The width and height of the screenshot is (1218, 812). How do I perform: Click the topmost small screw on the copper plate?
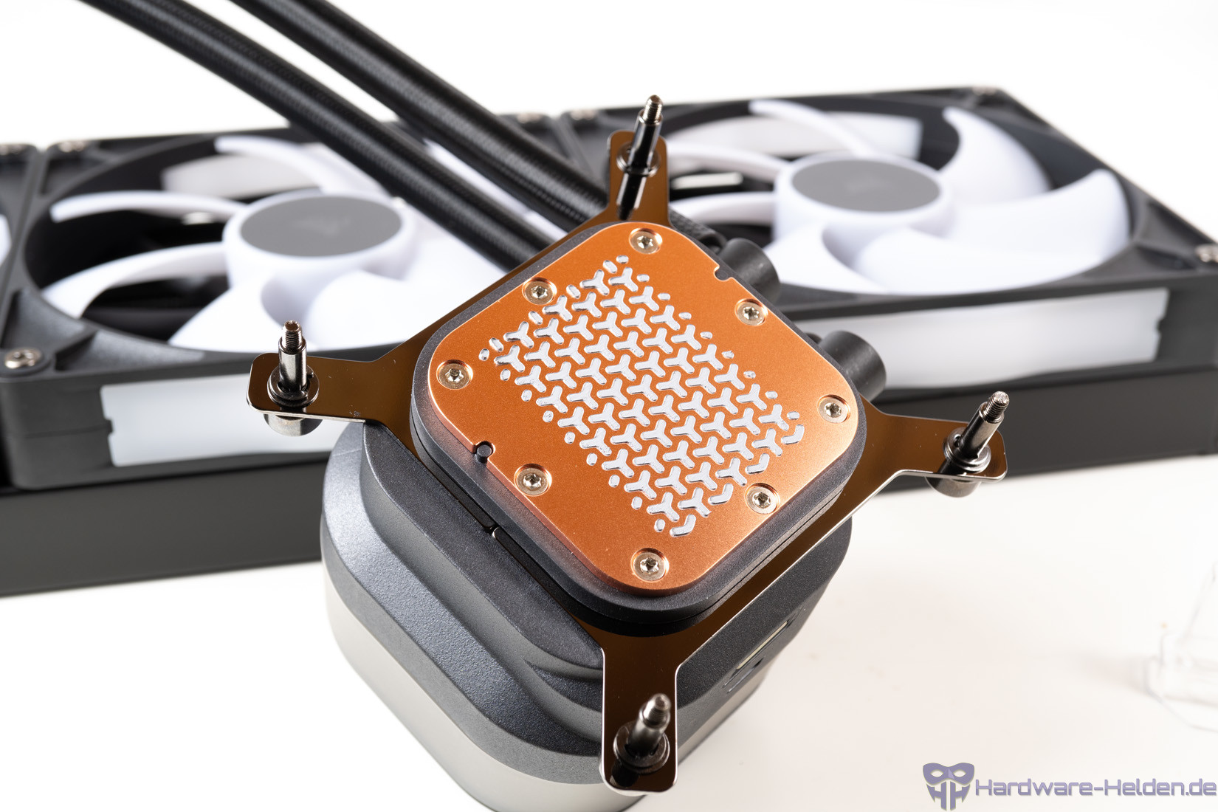click(x=645, y=241)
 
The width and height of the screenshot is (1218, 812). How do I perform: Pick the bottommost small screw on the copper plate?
click(x=650, y=564)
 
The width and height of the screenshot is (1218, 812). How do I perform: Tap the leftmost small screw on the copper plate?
click(x=455, y=374)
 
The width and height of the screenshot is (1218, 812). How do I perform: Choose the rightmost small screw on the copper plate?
click(x=833, y=409)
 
